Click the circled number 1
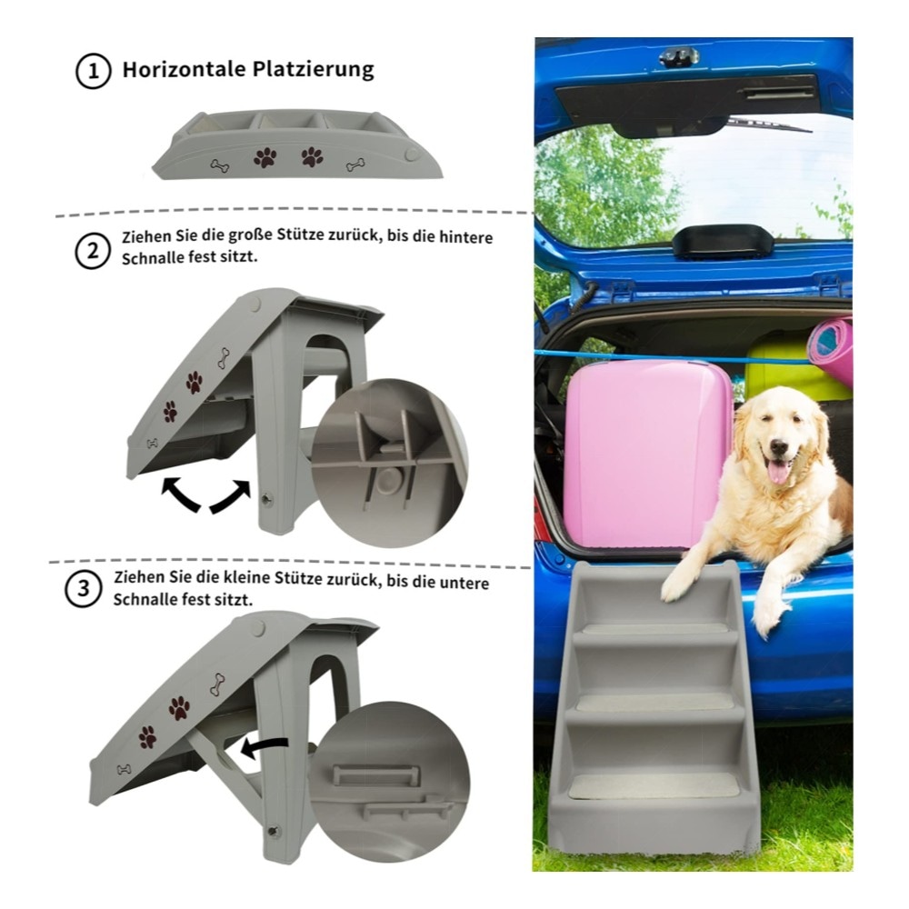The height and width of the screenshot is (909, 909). click(x=93, y=71)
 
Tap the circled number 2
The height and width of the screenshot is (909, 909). click(x=92, y=251)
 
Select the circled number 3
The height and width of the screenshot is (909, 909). click(x=83, y=589)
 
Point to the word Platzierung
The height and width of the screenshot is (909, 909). click(x=313, y=69)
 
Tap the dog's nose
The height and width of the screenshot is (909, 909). click(x=779, y=447)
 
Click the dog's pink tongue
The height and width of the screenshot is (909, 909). click(x=778, y=471)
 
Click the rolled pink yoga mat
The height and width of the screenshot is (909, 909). click(x=831, y=350)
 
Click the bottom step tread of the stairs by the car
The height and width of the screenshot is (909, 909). click(x=654, y=786)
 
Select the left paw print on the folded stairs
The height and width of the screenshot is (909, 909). click(x=265, y=157)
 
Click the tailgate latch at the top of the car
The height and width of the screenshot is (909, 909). click(x=679, y=56)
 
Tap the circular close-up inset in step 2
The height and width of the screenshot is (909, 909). click(x=390, y=463)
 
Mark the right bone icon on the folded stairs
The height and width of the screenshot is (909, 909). click(x=355, y=165)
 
